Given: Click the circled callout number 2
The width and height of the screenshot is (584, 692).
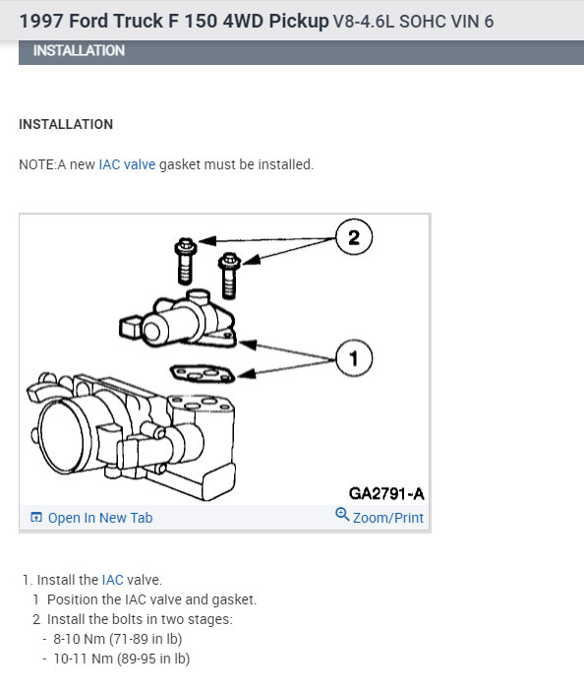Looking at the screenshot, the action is point(354,237).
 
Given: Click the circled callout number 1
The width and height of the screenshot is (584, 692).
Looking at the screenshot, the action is point(354,358).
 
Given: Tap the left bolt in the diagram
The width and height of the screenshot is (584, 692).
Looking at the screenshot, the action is point(186,261).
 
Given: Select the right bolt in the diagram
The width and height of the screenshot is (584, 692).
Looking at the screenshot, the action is point(229,275).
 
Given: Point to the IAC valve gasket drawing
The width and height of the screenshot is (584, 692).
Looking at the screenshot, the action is point(203,374).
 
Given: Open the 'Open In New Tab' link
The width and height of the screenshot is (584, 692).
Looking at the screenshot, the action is point(100,518).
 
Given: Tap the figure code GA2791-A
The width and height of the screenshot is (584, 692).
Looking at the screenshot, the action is point(386,493).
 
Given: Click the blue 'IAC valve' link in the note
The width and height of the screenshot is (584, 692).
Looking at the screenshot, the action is point(127,164).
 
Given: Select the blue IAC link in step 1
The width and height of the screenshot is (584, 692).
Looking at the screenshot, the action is point(112,580).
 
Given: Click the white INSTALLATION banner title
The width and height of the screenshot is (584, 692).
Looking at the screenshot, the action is point(79,51).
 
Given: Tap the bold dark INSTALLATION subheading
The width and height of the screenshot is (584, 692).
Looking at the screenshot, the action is point(66,124).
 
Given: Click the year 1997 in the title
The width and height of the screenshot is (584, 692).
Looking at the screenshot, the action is point(42,22).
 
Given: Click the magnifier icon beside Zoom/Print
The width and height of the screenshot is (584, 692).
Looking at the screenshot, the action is point(342,515).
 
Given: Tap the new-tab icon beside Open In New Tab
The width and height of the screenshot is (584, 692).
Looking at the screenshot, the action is point(36,517).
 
